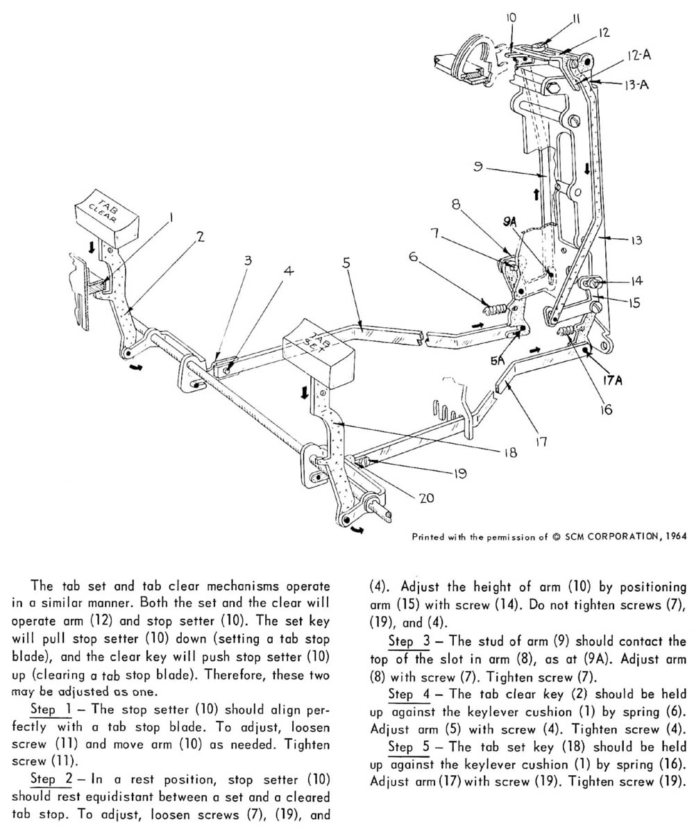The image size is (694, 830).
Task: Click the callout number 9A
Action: [x=510, y=222]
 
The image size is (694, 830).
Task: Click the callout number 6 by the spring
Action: [x=414, y=257]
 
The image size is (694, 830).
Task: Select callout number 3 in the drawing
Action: [x=248, y=260]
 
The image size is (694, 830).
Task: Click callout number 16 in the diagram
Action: [x=604, y=409]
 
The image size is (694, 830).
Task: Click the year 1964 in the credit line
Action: [x=676, y=536]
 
